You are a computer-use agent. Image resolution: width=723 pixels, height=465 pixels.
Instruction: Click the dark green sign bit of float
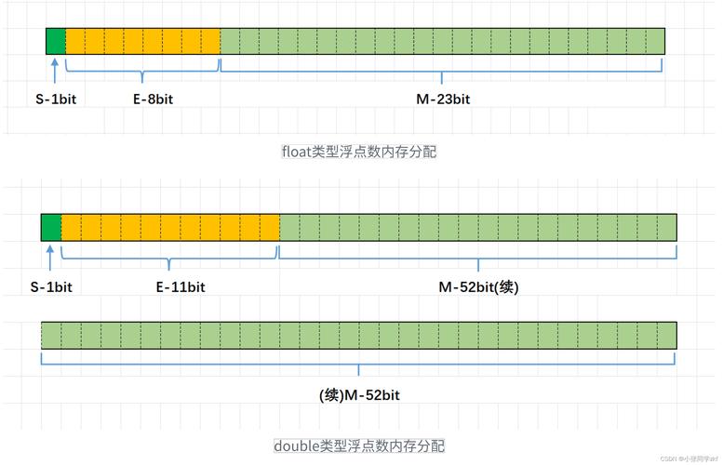click(56, 41)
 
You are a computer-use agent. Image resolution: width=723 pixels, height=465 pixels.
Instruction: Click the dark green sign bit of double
click(51, 227)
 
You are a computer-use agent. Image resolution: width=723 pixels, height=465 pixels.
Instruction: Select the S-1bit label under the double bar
click(51, 286)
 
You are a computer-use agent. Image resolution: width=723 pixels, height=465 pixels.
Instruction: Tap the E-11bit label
click(181, 286)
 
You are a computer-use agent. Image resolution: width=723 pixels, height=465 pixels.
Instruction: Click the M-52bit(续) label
click(478, 286)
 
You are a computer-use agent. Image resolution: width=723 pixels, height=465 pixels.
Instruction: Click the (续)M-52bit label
click(359, 395)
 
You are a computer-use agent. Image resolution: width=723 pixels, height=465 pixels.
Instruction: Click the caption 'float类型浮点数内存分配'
click(359, 152)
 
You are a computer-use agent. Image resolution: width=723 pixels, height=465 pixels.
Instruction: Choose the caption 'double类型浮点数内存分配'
click(359, 445)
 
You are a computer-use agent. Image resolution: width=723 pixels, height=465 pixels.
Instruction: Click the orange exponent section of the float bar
click(143, 41)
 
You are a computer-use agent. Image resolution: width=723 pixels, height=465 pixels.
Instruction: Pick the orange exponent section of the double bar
click(170, 227)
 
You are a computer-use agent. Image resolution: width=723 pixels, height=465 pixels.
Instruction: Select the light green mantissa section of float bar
click(442, 41)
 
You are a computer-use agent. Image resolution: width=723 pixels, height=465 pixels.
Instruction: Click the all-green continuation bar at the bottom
click(359, 335)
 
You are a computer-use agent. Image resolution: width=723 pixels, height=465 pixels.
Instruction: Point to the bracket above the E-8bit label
click(143, 70)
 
